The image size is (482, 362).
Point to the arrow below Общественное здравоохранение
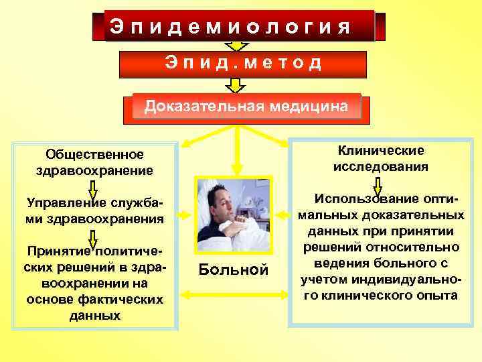pyautogui.click(x=93, y=187)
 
